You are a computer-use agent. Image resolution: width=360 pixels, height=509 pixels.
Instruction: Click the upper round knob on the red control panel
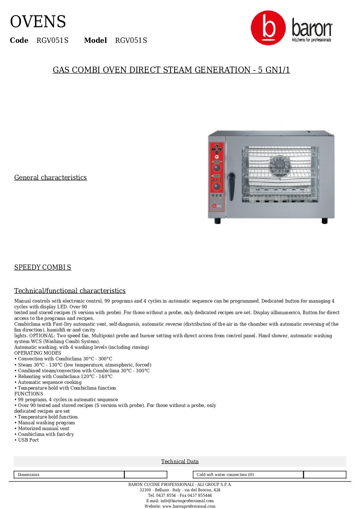click(x=216, y=168)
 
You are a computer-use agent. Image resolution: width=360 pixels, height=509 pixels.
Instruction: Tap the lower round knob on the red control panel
click(x=216, y=186)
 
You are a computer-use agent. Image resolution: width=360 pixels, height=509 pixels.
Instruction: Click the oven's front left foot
click(x=217, y=221)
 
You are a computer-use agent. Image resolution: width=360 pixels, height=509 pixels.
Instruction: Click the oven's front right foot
click(x=324, y=221)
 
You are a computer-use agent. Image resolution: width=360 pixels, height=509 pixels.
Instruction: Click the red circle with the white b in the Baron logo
click(x=268, y=28)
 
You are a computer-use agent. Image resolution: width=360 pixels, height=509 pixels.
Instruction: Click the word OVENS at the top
click(x=38, y=22)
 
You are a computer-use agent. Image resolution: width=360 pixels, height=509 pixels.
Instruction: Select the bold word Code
click(x=19, y=40)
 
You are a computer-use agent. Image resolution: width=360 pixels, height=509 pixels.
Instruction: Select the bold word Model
click(x=95, y=40)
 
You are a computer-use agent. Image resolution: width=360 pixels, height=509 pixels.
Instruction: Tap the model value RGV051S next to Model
click(x=131, y=40)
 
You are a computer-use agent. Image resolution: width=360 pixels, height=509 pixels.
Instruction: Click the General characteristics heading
click(x=50, y=177)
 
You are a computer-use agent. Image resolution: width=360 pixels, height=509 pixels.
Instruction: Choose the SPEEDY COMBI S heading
click(x=43, y=267)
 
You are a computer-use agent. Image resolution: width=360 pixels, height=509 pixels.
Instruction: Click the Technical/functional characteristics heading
click(x=70, y=291)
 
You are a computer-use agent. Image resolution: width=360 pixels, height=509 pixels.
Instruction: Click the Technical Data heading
click(x=180, y=461)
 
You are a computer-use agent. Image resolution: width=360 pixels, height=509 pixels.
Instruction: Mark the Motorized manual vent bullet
click(x=44, y=428)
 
